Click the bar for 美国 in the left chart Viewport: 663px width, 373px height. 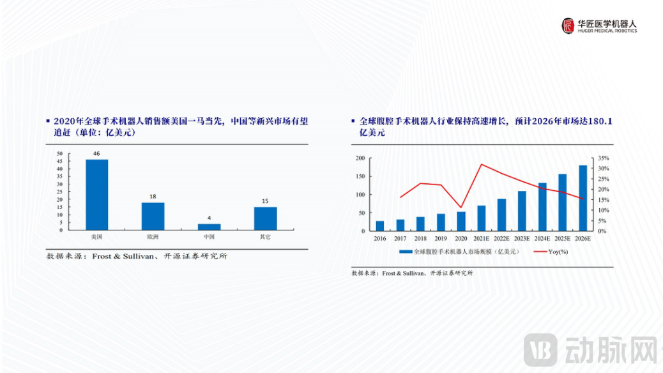[x=97, y=194]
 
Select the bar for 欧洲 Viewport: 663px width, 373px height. [x=153, y=216]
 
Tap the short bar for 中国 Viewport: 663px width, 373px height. [x=209, y=226]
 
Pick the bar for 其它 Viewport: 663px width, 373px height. [x=265, y=218]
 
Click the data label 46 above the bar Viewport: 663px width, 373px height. [x=97, y=154]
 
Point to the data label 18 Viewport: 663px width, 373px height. [x=153, y=197]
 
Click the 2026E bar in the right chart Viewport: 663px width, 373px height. [x=583, y=198]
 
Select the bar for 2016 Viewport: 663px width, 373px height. [x=380, y=225]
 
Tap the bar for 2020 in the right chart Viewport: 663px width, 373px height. [x=461, y=221]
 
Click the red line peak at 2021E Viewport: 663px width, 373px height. [x=482, y=165]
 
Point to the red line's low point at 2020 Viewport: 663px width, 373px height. [x=461, y=208]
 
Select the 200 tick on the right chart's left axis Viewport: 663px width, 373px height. [x=360, y=158]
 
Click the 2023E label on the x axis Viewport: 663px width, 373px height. [x=522, y=239]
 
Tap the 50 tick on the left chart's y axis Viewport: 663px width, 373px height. [x=59, y=154]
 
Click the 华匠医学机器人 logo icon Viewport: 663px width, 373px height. [x=568, y=26]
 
